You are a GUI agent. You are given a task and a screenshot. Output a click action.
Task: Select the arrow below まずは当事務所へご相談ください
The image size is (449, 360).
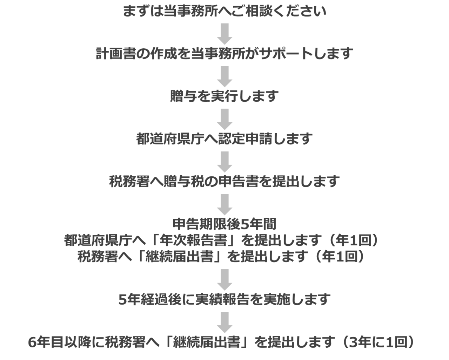[225, 34]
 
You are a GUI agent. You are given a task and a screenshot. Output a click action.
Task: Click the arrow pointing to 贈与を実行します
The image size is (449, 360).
[225, 76]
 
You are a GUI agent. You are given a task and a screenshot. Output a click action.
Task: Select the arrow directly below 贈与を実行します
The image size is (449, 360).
[225, 119]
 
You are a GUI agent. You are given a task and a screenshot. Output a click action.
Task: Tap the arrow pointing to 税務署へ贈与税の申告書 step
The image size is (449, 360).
[225, 162]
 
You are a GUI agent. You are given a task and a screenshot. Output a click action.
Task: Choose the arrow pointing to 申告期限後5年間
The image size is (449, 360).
[225, 204]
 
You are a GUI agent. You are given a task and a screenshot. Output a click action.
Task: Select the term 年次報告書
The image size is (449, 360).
[193, 240]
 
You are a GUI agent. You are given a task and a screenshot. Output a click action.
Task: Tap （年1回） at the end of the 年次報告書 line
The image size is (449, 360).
[354, 240]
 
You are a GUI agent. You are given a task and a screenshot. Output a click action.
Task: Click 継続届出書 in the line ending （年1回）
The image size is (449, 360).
[180, 257]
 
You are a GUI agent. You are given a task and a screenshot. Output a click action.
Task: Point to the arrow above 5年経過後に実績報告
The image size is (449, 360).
[225, 280]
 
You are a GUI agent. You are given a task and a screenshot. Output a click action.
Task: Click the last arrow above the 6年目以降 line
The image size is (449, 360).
[225, 322]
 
